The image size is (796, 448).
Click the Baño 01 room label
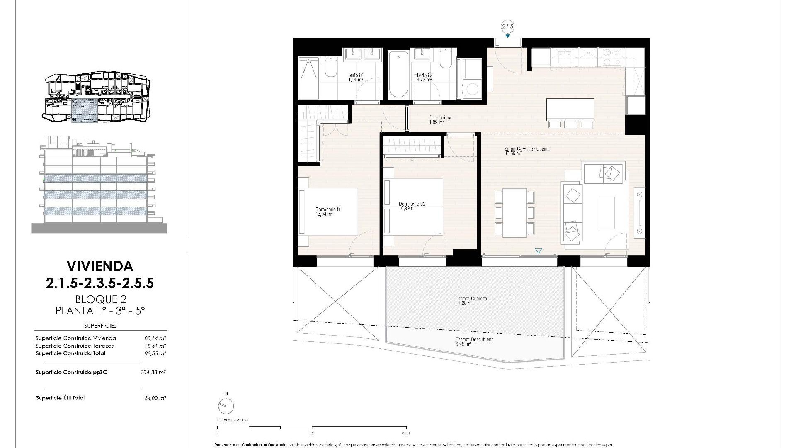(356, 78)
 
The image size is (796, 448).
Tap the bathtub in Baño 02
(398, 75)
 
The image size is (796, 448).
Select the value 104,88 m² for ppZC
(153, 373)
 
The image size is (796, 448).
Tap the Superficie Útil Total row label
(60, 398)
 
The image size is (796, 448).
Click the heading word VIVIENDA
(100, 266)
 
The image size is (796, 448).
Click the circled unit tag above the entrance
(507, 27)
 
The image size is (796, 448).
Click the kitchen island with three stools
(570, 110)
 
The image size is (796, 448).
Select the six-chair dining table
(514, 212)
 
